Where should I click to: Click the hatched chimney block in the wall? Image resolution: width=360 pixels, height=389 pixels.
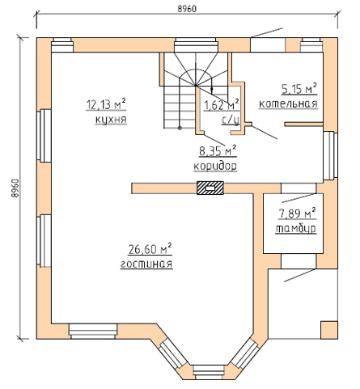(210, 188)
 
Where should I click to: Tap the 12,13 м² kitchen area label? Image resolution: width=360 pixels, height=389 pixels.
(106, 104)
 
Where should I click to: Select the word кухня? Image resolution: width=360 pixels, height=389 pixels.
(111, 120)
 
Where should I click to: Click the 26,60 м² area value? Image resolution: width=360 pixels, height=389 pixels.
(150, 249)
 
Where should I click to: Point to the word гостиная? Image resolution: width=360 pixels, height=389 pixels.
(146, 264)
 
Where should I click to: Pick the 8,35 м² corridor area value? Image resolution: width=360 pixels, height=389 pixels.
(218, 151)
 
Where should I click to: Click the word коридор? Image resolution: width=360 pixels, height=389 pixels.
(215, 166)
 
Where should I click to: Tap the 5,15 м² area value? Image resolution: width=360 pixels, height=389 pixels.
(299, 89)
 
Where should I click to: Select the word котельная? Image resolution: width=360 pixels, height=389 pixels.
(288, 104)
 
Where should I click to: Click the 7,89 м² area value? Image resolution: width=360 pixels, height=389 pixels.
(297, 214)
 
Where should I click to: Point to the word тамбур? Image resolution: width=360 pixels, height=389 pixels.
(296, 229)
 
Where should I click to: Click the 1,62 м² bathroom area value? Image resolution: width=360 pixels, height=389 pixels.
(222, 105)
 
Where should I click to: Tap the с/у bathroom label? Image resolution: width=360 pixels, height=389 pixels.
(231, 121)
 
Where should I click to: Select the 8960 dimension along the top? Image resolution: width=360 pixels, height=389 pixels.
(187, 9)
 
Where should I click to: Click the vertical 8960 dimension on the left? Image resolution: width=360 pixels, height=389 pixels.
(15, 188)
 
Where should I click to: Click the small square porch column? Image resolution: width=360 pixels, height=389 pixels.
(329, 330)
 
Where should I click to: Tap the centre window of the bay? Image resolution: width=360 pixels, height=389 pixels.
(210, 373)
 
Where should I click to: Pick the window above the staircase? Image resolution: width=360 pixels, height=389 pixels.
(196, 44)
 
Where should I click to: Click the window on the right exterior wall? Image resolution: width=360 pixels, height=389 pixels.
(330, 155)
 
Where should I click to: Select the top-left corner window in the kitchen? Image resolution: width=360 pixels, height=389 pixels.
(62, 44)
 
